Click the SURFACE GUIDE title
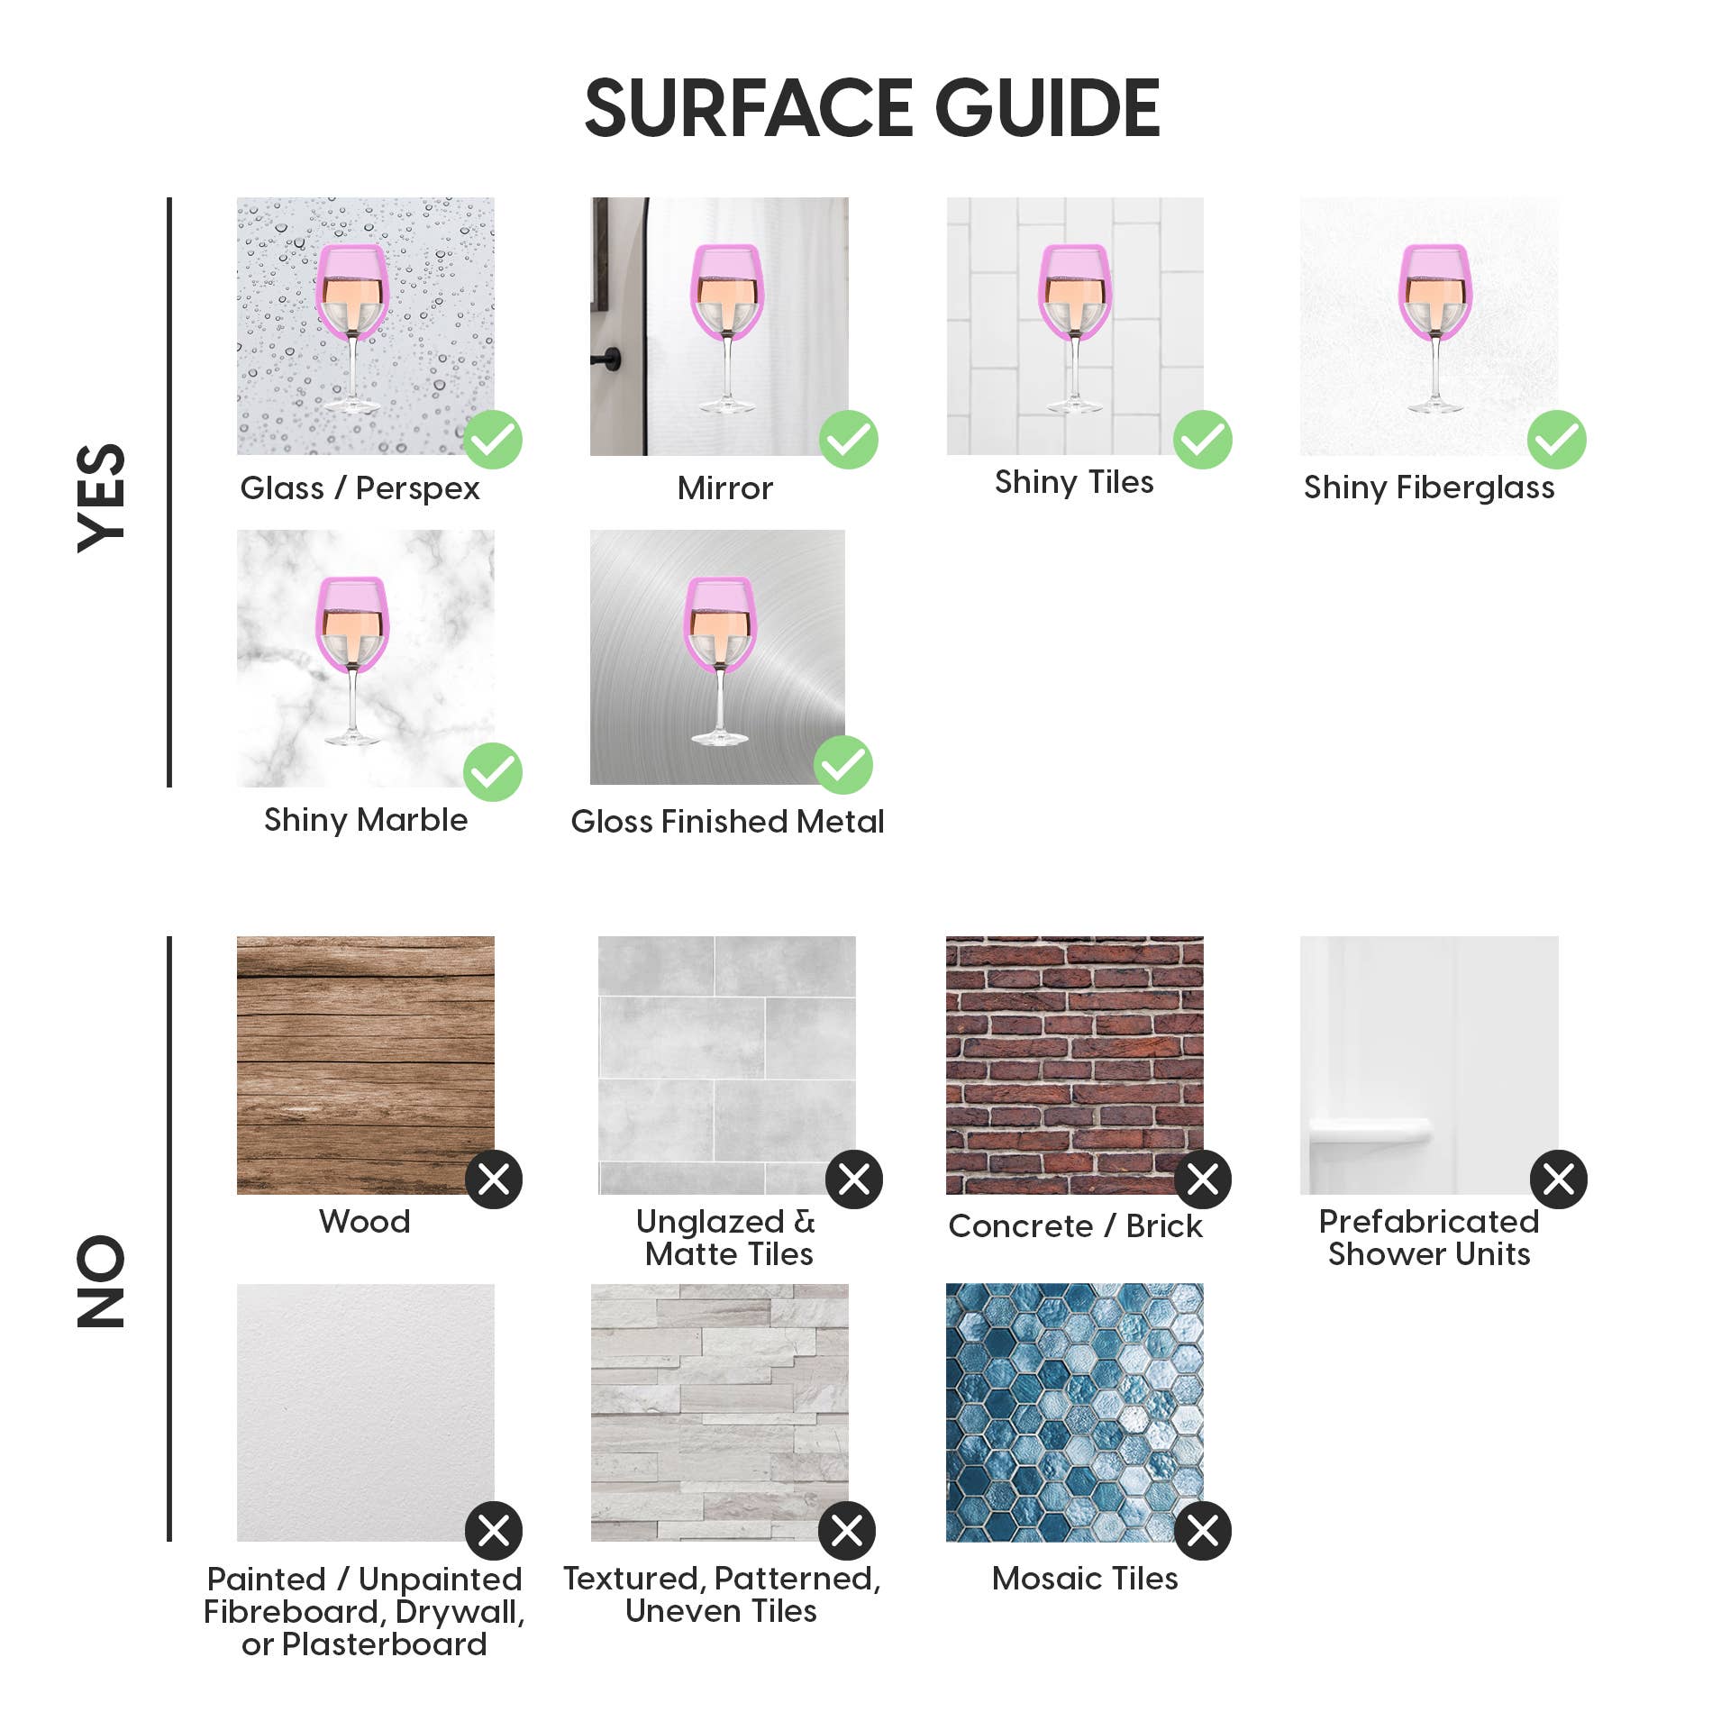872,108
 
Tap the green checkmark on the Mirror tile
849,440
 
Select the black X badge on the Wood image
494,1179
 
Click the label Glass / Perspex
360,488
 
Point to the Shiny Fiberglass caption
1429,487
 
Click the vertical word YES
101,497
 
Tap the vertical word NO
101,1280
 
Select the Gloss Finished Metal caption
727,822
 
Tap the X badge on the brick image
1203,1179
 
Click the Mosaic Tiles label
1085,1579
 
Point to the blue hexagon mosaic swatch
1074,1412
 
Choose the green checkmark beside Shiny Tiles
1203,440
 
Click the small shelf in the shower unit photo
1370,1130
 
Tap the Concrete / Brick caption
1075,1226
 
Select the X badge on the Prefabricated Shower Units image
1559,1179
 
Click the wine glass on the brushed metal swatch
720,660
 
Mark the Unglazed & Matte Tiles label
727,1238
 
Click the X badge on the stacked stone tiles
847,1530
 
